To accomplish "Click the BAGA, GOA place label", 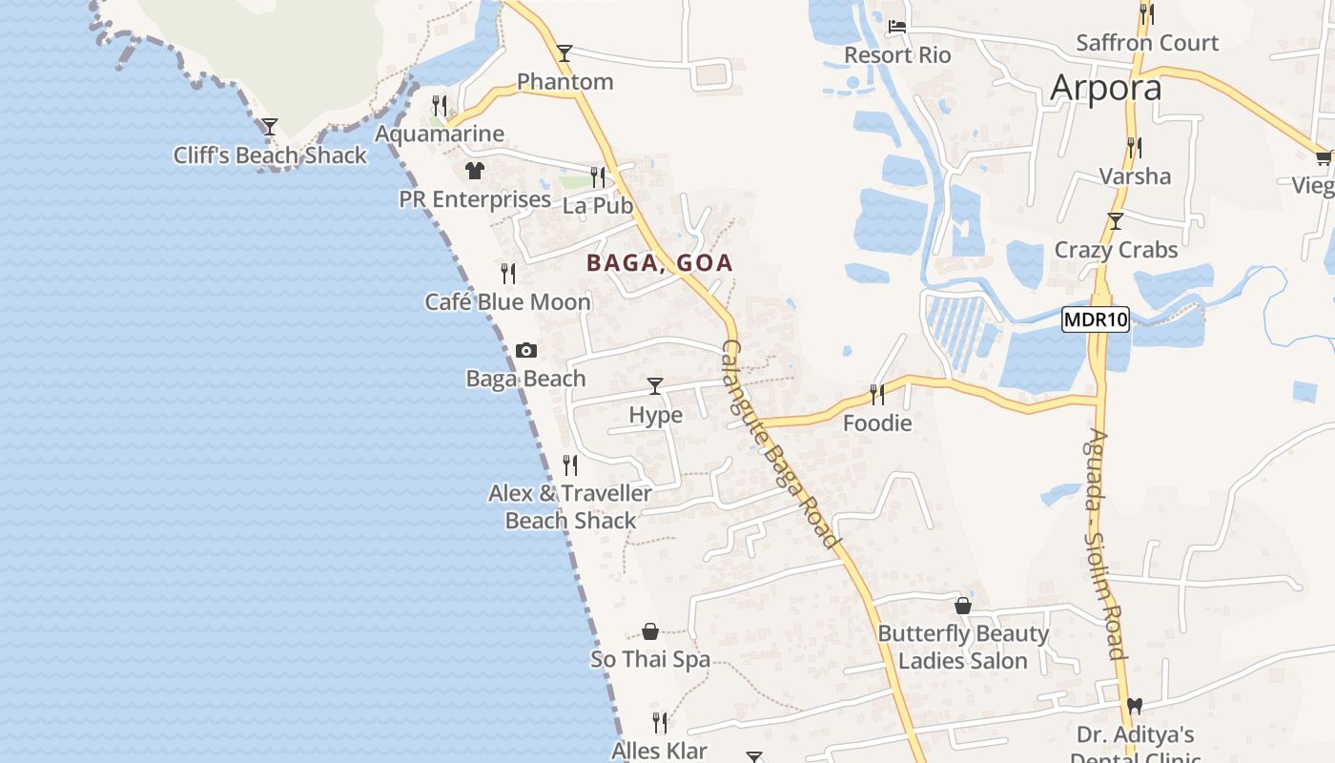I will (660, 263).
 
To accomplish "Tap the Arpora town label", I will (1106, 88).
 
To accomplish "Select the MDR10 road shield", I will (1096, 320).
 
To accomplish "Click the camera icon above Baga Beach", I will (525, 351).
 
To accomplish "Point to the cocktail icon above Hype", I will (655, 386).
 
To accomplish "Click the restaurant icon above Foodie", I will (877, 394).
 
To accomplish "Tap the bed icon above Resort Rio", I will (897, 27).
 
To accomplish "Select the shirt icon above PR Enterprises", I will (475, 171).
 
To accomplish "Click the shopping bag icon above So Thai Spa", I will (650, 631).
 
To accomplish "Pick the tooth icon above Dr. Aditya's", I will (1135, 707).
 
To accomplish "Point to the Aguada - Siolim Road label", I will (1105, 544).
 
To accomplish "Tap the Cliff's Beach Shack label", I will (270, 155).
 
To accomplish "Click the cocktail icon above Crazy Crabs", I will (1116, 222).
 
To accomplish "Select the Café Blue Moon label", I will (507, 302).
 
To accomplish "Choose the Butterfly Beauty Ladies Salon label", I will (963, 647).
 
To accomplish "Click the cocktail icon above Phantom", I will (565, 53).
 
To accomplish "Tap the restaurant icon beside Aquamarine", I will (439, 106).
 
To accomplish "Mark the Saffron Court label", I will (1147, 43).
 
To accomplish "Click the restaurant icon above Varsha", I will (1135, 148).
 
